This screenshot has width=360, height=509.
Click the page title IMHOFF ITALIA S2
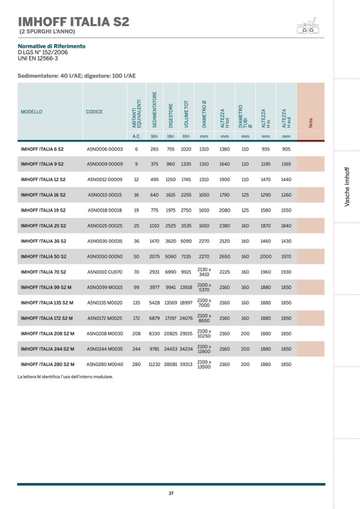pyautogui.click(x=73, y=22)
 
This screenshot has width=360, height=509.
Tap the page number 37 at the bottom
pyautogui.click(x=171, y=493)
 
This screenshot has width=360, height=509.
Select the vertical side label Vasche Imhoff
pyautogui.click(x=347, y=186)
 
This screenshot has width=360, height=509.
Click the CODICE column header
pyautogui.click(x=95, y=112)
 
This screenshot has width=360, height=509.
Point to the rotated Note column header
pyautogui.click(x=311, y=122)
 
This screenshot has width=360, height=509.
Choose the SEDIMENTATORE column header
pyautogui.click(x=155, y=109)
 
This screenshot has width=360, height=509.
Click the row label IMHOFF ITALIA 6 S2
pyautogui.click(x=42, y=149)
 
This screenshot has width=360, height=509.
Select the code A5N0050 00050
pyautogui.click(x=105, y=256)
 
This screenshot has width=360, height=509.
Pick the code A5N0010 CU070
pyautogui.click(x=105, y=272)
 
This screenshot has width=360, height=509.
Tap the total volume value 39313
pyautogui.click(x=186, y=365)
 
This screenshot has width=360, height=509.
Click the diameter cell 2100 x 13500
pyautogui.click(x=204, y=365)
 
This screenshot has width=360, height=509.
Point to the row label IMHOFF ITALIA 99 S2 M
pyautogui.click(x=47, y=287)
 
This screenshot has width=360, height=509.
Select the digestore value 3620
pyautogui.click(x=170, y=241)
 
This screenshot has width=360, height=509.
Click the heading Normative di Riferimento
pyautogui.click(x=52, y=46)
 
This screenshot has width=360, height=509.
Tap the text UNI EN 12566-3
pyautogui.click(x=38, y=58)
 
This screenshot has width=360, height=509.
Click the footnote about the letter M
pyautogui.click(x=65, y=377)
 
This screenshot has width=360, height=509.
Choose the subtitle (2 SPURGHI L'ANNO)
pyautogui.click(x=47, y=32)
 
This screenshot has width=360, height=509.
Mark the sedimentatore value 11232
pyautogui.click(x=154, y=365)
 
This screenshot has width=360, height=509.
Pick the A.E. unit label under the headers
pyautogui.click(x=136, y=136)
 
